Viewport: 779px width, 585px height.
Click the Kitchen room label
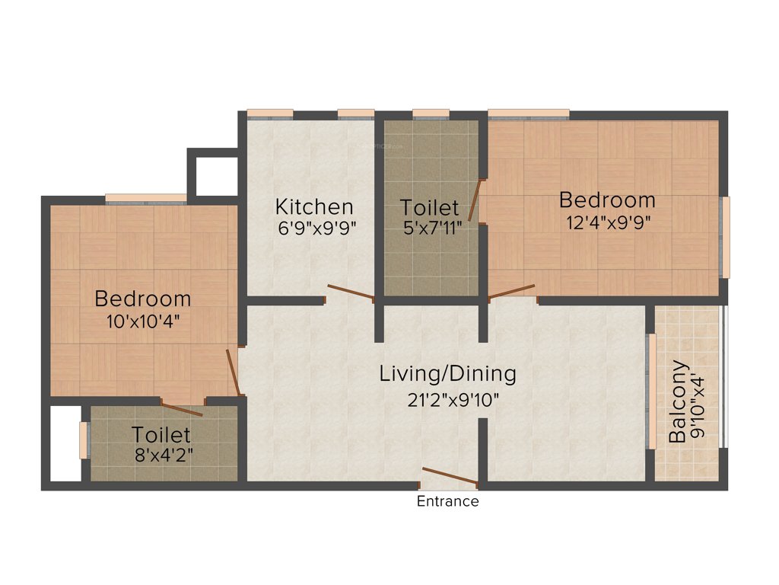coord(314,206)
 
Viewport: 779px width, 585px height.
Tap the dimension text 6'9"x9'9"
coord(314,226)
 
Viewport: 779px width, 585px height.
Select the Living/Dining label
coord(448,374)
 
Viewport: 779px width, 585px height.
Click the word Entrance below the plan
coord(448,501)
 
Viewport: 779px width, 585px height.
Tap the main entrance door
coord(450,477)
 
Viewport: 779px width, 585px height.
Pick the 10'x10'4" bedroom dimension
coord(143,321)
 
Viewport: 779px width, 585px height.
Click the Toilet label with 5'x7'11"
coord(430,207)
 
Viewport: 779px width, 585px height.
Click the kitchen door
coord(350,292)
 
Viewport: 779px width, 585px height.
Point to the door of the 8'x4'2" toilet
coord(182,408)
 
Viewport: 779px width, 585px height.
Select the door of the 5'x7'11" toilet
coord(475,200)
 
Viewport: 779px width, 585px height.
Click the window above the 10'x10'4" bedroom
coord(145,199)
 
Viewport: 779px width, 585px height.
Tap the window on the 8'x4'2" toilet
coord(83,440)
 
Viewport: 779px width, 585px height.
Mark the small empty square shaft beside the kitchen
coord(212,176)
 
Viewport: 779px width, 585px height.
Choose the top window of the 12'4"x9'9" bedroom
coord(528,114)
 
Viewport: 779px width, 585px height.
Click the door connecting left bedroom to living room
coord(234,373)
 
